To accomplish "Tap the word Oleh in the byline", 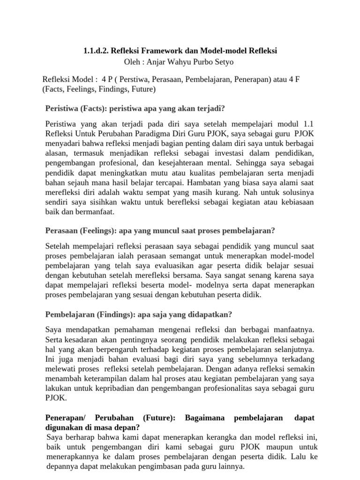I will point(132,62).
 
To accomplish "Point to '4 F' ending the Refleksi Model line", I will point(294,79).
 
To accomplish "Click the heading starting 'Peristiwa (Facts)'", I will point(135,109).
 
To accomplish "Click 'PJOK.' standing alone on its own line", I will point(56,397).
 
